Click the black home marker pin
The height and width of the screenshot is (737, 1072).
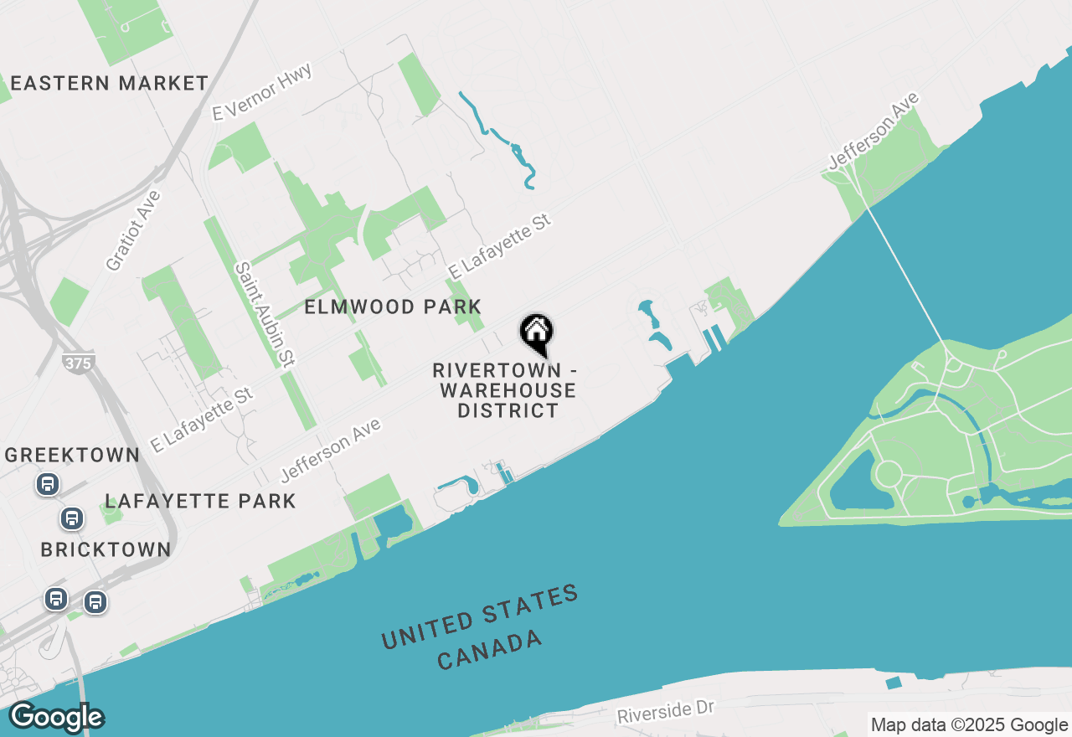pyautogui.click(x=536, y=333)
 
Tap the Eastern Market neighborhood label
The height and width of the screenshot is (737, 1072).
pyautogui.click(x=109, y=84)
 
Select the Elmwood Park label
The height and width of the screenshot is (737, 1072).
pyautogui.click(x=393, y=307)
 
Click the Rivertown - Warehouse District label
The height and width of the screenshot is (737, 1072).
pyautogui.click(x=505, y=390)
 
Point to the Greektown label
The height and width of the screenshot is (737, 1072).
pyautogui.click(x=72, y=456)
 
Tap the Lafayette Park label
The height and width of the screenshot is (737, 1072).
pyautogui.click(x=200, y=502)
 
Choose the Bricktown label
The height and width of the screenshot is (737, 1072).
pyautogui.click(x=106, y=550)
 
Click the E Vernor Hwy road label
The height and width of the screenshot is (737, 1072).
pyautogui.click(x=261, y=92)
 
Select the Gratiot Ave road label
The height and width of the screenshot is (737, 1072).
pyautogui.click(x=132, y=230)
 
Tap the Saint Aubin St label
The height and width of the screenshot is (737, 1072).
pyautogui.click(x=265, y=315)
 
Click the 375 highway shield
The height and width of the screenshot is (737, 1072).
pyautogui.click(x=77, y=363)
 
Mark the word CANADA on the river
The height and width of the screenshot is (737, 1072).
pyautogui.click(x=489, y=650)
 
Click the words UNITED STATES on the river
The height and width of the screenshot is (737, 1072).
pyautogui.click(x=479, y=617)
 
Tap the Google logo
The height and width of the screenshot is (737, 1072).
pyautogui.click(x=56, y=718)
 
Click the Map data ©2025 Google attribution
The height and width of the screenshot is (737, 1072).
pyautogui.click(x=969, y=725)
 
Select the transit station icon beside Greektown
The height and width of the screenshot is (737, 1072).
pyautogui.click(x=47, y=484)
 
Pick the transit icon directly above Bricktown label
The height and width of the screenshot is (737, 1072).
pyautogui.click(x=72, y=518)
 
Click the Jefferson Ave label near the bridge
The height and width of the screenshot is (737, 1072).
pyautogui.click(x=874, y=131)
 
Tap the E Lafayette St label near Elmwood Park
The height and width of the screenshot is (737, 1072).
pyautogui.click(x=499, y=246)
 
